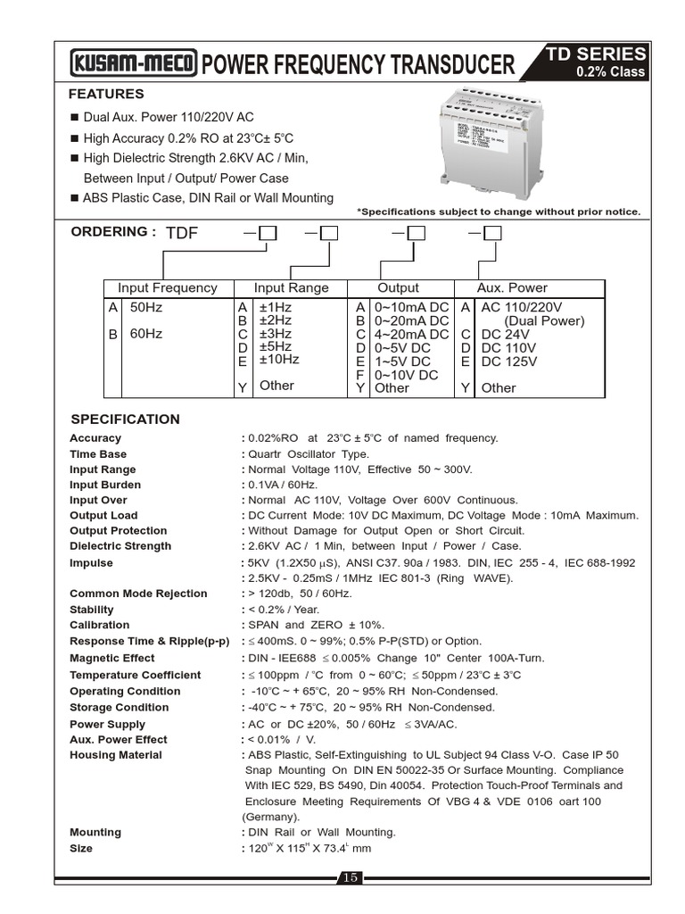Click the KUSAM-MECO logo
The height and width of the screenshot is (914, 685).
(x=135, y=64)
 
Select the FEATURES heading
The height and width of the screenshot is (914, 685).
(x=106, y=94)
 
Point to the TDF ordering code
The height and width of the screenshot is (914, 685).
(x=182, y=234)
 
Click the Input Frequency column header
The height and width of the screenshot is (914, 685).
(x=167, y=288)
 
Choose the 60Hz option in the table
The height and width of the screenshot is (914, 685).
(x=146, y=334)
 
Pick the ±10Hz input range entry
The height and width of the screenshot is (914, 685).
(x=279, y=360)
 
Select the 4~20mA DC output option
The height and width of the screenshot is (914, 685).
(x=411, y=334)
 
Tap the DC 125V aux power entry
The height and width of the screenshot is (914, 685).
(x=509, y=361)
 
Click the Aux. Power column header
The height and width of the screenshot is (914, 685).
(x=512, y=288)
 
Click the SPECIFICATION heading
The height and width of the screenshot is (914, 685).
(x=125, y=420)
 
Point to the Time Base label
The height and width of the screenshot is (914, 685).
(x=98, y=454)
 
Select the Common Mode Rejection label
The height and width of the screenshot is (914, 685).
(x=138, y=594)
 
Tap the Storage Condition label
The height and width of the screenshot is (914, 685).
(x=119, y=708)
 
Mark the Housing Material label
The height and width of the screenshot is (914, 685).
(x=116, y=755)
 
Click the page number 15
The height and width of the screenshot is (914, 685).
(x=350, y=877)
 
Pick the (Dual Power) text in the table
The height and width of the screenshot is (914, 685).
(x=544, y=320)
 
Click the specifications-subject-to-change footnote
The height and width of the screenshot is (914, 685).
(x=499, y=212)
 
